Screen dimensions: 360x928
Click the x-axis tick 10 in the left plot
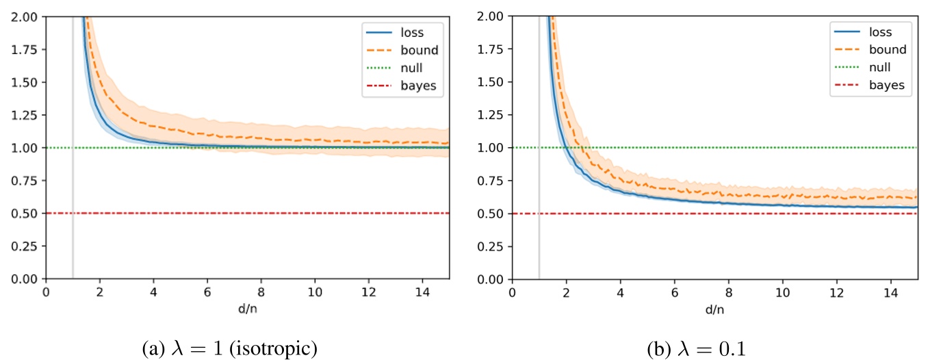click(315, 290)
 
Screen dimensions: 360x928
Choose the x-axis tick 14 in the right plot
click(890, 290)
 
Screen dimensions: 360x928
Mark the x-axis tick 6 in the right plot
click(674, 290)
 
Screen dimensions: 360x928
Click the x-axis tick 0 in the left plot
click(46, 290)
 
